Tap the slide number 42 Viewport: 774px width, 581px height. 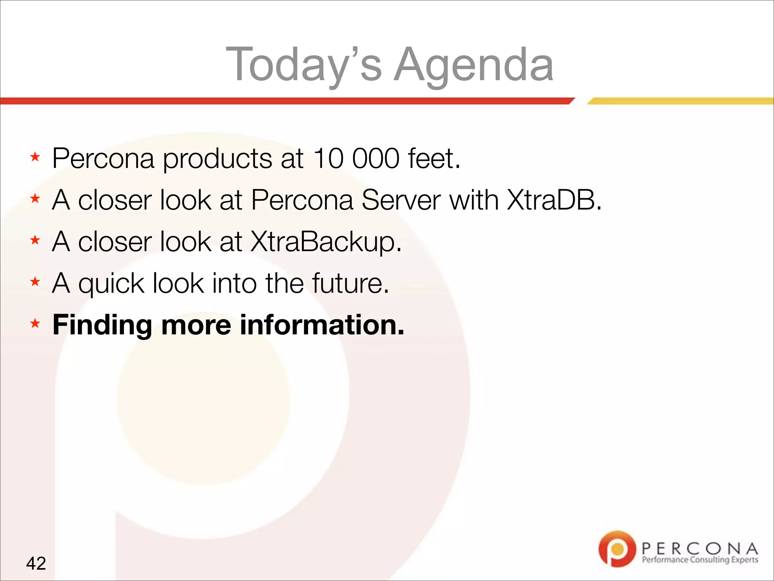click(x=36, y=563)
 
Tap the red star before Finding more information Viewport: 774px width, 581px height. click(x=35, y=323)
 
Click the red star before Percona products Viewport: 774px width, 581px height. click(x=35, y=157)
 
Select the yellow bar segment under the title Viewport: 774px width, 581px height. click(x=680, y=101)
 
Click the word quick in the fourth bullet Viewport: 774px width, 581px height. click(x=111, y=284)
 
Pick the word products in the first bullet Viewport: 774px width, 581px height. click(x=217, y=159)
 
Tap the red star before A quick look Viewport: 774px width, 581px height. click(x=35, y=281)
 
